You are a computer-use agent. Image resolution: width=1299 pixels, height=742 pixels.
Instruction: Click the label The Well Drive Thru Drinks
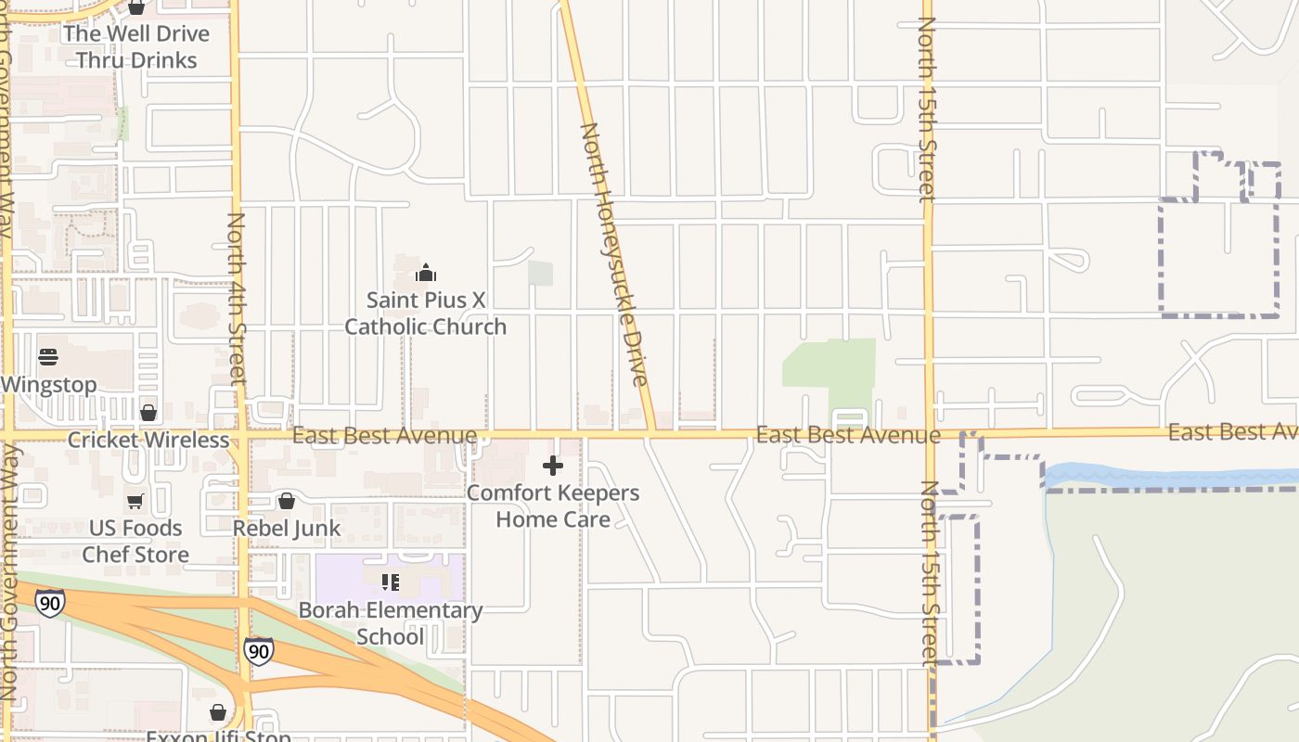click(x=136, y=46)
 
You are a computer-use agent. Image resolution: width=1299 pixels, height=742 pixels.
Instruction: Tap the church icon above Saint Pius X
click(x=426, y=273)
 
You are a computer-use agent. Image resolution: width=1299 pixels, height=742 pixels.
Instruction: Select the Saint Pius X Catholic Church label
click(x=426, y=313)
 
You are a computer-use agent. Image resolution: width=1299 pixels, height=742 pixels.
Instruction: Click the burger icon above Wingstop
click(x=48, y=357)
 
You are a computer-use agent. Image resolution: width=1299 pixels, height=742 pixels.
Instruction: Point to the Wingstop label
click(x=49, y=385)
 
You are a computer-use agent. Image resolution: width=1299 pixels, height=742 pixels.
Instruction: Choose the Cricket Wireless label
click(x=148, y=440)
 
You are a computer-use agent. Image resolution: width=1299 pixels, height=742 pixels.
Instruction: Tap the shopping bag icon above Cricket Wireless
click(x=148, y=413)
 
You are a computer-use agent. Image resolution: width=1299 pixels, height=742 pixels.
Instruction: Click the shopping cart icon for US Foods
click(x=135, y=502)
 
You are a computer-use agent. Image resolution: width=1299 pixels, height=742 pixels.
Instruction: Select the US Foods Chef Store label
click(x=135, y=541)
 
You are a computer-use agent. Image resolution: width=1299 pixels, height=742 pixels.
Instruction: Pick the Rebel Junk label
click(x=287, y=528)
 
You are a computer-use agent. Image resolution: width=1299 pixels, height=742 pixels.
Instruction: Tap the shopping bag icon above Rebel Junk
click(x=287, y=502)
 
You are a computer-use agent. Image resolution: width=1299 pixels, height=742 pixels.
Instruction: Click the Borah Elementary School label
click(x=391, y=623)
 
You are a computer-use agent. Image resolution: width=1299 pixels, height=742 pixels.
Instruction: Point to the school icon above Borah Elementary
click(x=391, y=582)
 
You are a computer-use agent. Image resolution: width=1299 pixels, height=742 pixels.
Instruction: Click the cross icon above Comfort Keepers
click(x=553, y=465)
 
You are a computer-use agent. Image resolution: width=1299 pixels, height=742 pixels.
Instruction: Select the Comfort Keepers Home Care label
click(x=553, y=505)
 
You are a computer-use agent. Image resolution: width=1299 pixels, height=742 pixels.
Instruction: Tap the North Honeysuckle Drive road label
click(x=612, y=255)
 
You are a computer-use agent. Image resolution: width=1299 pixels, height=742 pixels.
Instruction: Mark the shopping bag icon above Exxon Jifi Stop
click(x=218, y=712)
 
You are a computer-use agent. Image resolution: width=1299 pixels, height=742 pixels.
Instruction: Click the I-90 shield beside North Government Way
click(x=50, y=603)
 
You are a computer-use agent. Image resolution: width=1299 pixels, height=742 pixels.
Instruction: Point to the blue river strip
click(x=1169, y=477)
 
